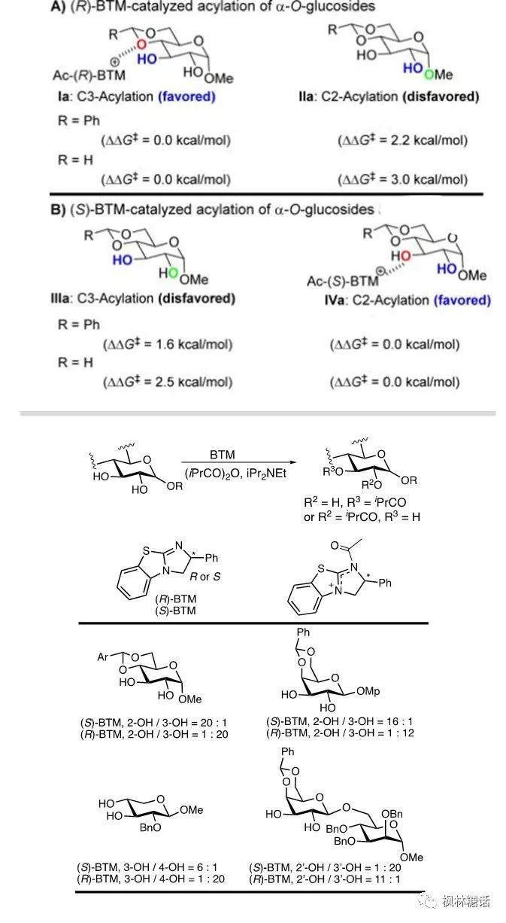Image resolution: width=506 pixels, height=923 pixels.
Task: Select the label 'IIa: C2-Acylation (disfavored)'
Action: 388,96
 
